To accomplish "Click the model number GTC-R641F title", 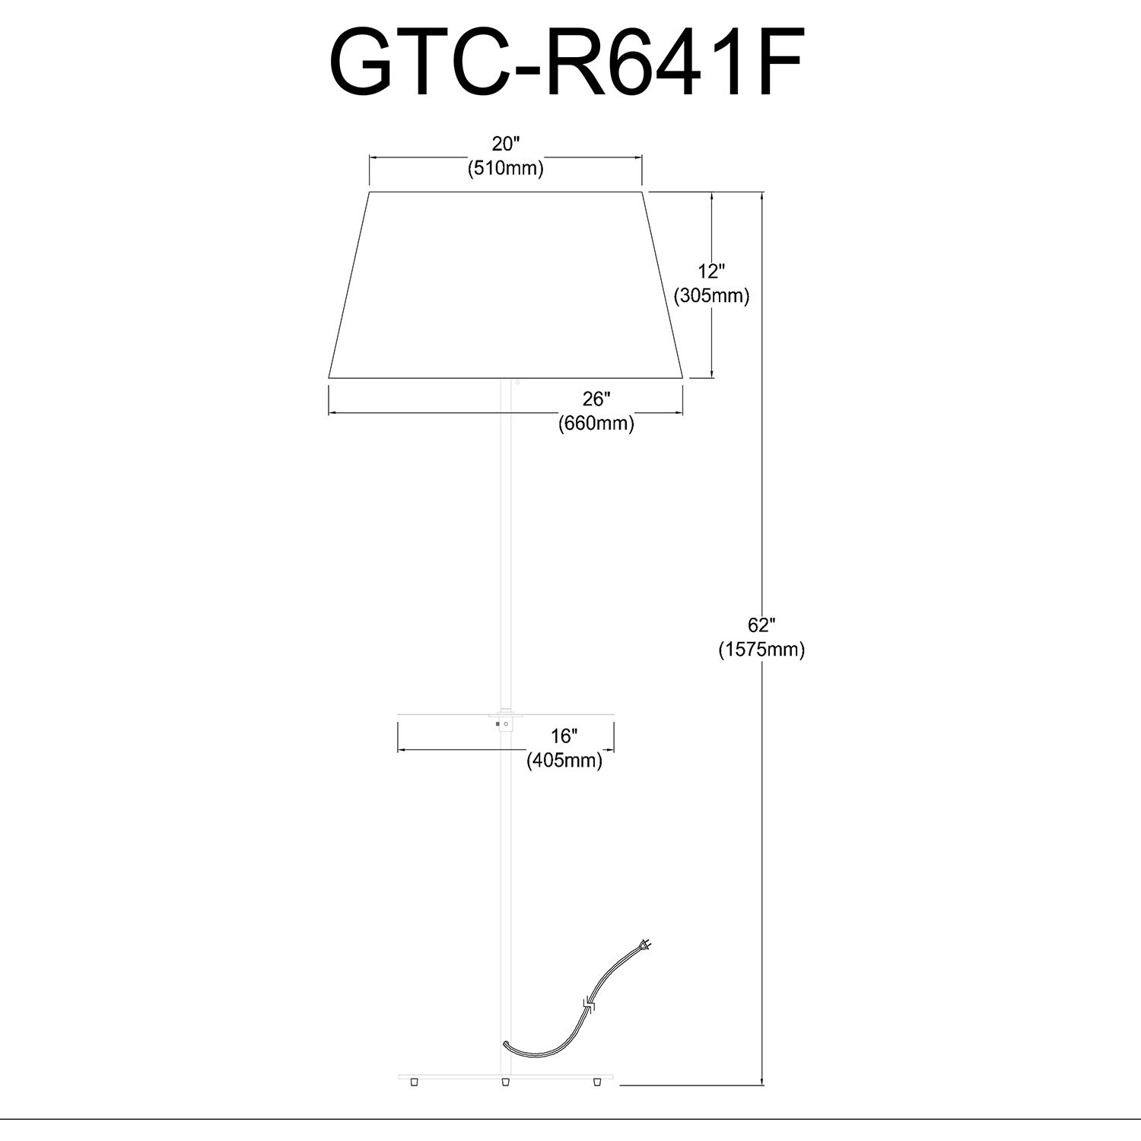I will click(567, 62).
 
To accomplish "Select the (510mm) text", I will click(505, 169).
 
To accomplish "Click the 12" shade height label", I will click(712, 271).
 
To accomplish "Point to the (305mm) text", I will click(712, 296).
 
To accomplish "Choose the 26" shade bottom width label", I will click(596, 399).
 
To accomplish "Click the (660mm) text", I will click(596, 423).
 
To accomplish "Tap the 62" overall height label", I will click(761, 625).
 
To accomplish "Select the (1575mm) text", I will click(761, 650).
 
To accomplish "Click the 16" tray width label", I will click(564, 736).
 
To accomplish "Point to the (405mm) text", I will click(564, 760).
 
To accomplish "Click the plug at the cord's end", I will click(646, 947).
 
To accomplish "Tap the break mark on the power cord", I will click(590, 1006).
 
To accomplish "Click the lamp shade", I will click(505, 285).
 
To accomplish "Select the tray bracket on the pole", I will click(503, 721).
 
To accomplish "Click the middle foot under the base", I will click(504, 1081).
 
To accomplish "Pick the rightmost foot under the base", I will click(596, 1081).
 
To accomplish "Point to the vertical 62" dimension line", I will click(762, 456).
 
